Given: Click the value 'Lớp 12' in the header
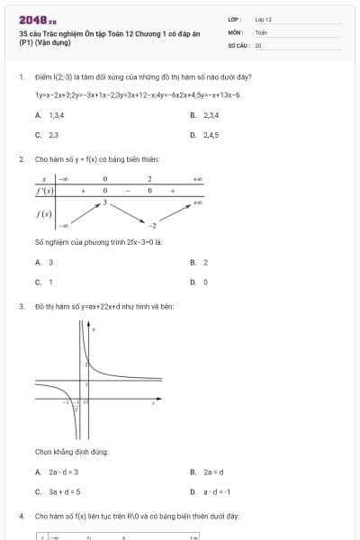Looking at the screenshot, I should [263, 19].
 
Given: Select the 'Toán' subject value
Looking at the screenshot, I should [261, 31].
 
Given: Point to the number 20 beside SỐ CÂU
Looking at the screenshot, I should [258, 44].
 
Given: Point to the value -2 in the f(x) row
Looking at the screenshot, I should [153, 225].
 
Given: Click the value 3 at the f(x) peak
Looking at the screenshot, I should [104, 202].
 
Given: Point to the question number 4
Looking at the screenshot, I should [21, 517].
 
